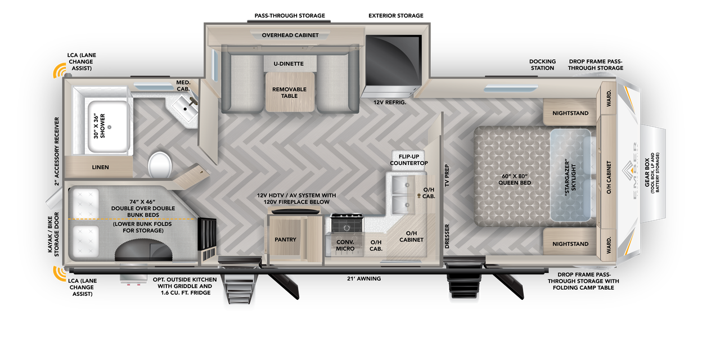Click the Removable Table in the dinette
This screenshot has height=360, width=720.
(x=289, y=93)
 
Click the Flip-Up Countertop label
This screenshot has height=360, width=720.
(x=409, y=159)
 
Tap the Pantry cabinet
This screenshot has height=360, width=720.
(x=285, y=240)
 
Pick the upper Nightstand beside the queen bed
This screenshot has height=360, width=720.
(x=570, y=113)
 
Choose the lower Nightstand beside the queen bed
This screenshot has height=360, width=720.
(x=570, y=244)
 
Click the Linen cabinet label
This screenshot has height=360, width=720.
(x=100, y=167)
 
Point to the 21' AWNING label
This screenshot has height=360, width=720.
(x=363, y=278)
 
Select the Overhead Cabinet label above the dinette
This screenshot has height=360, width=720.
(x=290, y=35)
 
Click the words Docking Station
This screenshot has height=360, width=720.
(x=542, y=65)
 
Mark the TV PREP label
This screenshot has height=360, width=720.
(x=447, y=175)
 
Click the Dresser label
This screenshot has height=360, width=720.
(x=447, y=236)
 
